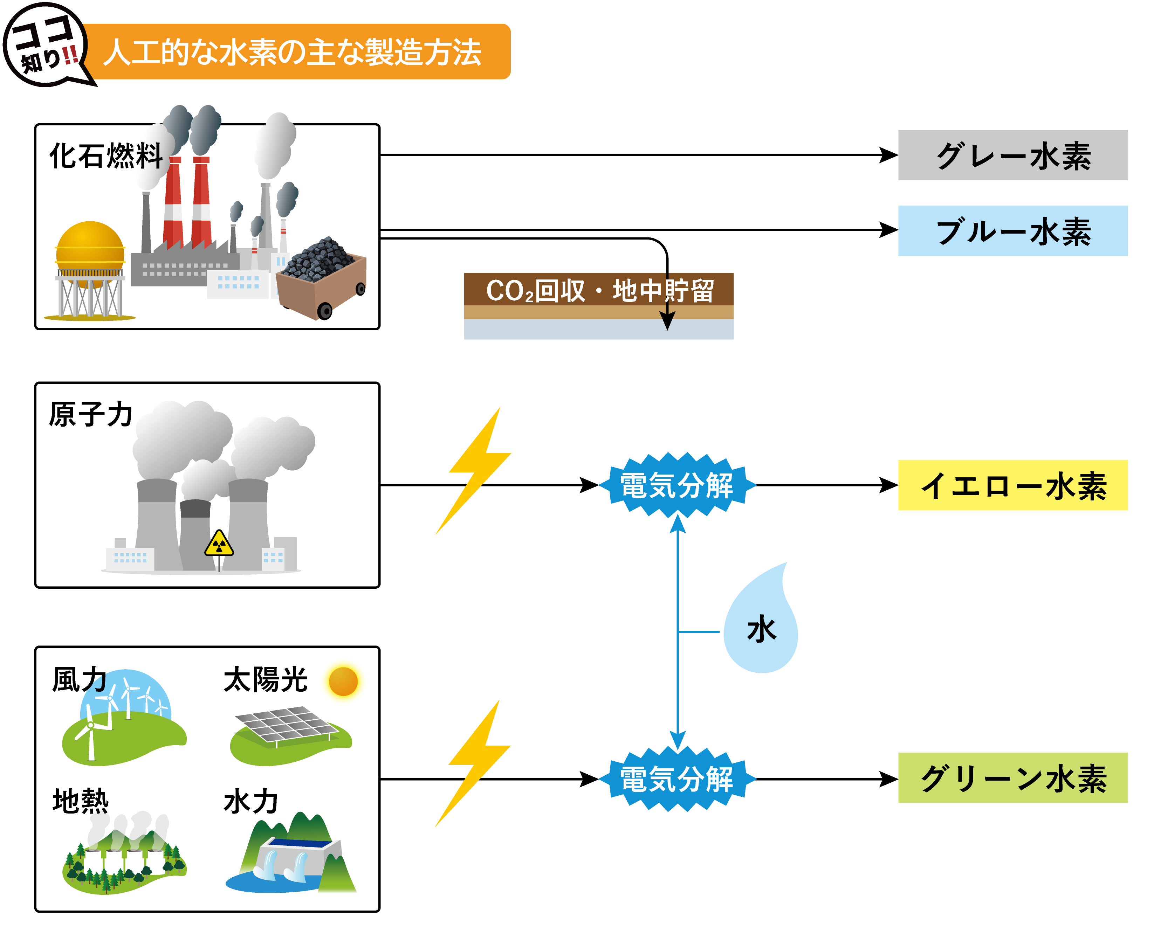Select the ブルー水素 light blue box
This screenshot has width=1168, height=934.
coord(1012,231)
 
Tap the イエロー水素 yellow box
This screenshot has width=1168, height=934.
coord(1012,485)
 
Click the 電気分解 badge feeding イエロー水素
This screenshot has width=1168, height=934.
coord(677,485)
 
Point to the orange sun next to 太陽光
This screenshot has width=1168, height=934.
coord(343,681)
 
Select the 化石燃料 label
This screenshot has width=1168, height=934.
coord(106,156)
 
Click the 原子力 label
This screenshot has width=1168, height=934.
coord(90,415)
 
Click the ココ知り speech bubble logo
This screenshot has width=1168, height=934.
coord(46,44)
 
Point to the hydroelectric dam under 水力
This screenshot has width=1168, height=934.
coord(293,858)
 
